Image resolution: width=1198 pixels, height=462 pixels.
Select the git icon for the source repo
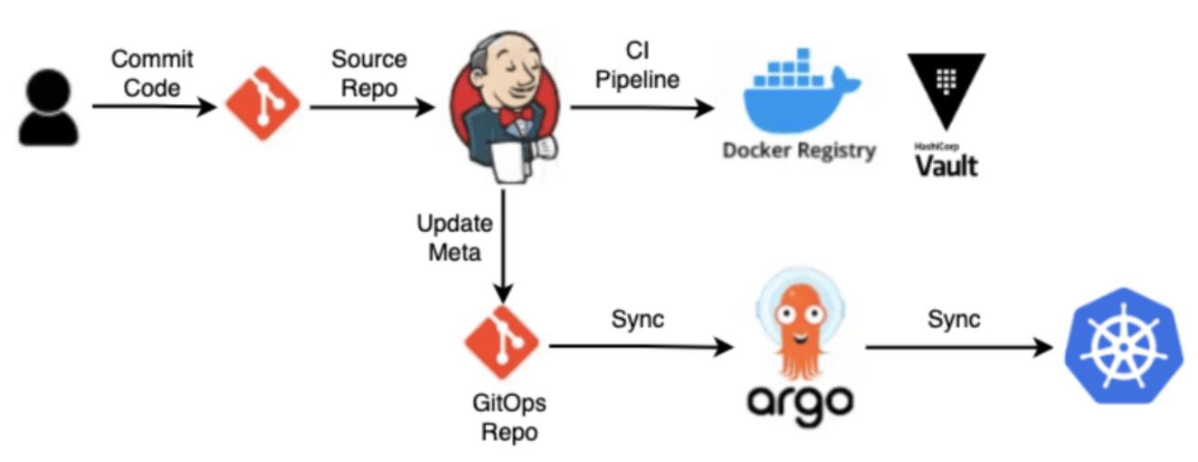point(262,106)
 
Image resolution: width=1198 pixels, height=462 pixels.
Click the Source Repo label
point(368,72)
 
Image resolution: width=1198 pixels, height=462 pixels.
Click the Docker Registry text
point(799,150)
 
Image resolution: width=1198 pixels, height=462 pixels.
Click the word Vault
point(946,166)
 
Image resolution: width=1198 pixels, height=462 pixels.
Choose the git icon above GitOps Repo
point(500,343)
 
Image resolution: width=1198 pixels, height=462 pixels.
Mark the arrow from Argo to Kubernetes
point(959,347)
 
